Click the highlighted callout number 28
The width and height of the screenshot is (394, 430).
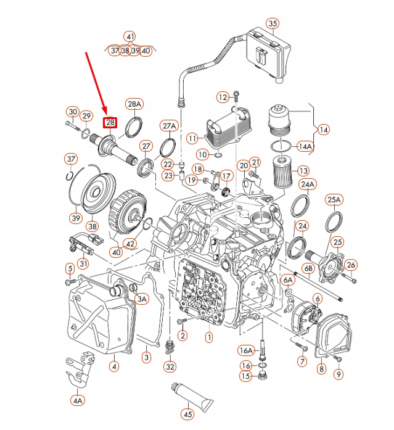pyautogui.click(x=110, y=123)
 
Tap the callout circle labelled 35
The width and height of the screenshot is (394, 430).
pyautogui.click(x=272, y=24)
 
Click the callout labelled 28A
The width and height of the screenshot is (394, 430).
pyautogui.click(x=134, y=104)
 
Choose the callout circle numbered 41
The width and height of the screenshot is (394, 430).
pyautogui.click(x=129, y=36)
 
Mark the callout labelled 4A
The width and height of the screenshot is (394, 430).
pyautogui.click(x=77, y=400)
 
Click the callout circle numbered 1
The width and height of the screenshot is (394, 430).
pyautogui.click(x=209, y=337)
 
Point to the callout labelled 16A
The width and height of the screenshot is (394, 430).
pyautogui.click(x=246, y=350)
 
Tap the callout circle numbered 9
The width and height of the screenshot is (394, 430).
pyautogui.click(x=339, y=373)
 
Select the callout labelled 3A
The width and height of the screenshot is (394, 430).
pyautogui.click(x=142, y=299)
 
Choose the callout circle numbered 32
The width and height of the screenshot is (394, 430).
pyautogui.click(x=170, y=366)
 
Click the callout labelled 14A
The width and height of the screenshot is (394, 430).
pyautogui.click(x=305, y=146)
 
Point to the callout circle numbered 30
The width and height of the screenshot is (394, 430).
pyautogui.click(x=72, y=112)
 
